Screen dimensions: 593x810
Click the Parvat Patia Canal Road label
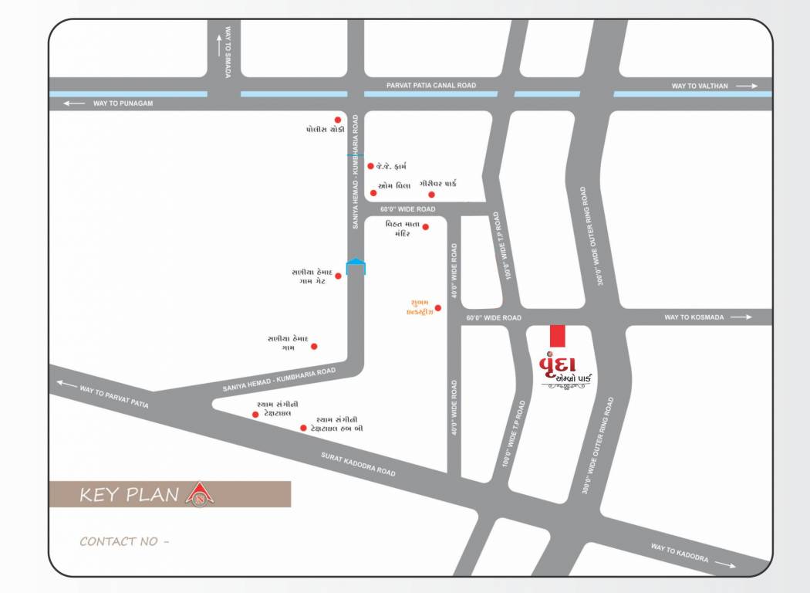[431, 85]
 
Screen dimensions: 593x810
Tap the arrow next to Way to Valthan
[747, 86]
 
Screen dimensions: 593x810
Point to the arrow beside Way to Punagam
[74, 103]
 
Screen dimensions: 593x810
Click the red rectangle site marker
[557, 336]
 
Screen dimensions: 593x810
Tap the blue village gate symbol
[356, 267]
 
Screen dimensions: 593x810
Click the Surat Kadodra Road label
[358, 464]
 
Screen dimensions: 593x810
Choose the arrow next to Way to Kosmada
[741, 317]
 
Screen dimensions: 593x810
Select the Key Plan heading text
[130, 494]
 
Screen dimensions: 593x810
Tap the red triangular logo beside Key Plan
[200, 494]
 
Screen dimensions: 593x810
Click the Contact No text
[124, 541]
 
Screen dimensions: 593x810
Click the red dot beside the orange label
[437, 307]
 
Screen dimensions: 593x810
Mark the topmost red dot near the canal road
[337, 120]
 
